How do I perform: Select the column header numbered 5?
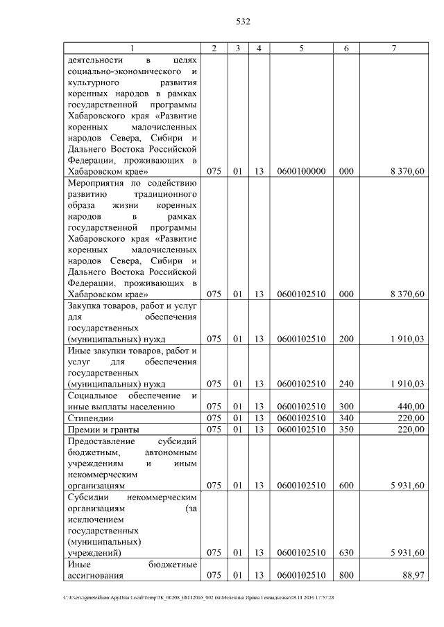click(301, 48)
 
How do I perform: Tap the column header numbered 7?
click(394, 48)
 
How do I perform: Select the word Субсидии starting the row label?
click(88, 497)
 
